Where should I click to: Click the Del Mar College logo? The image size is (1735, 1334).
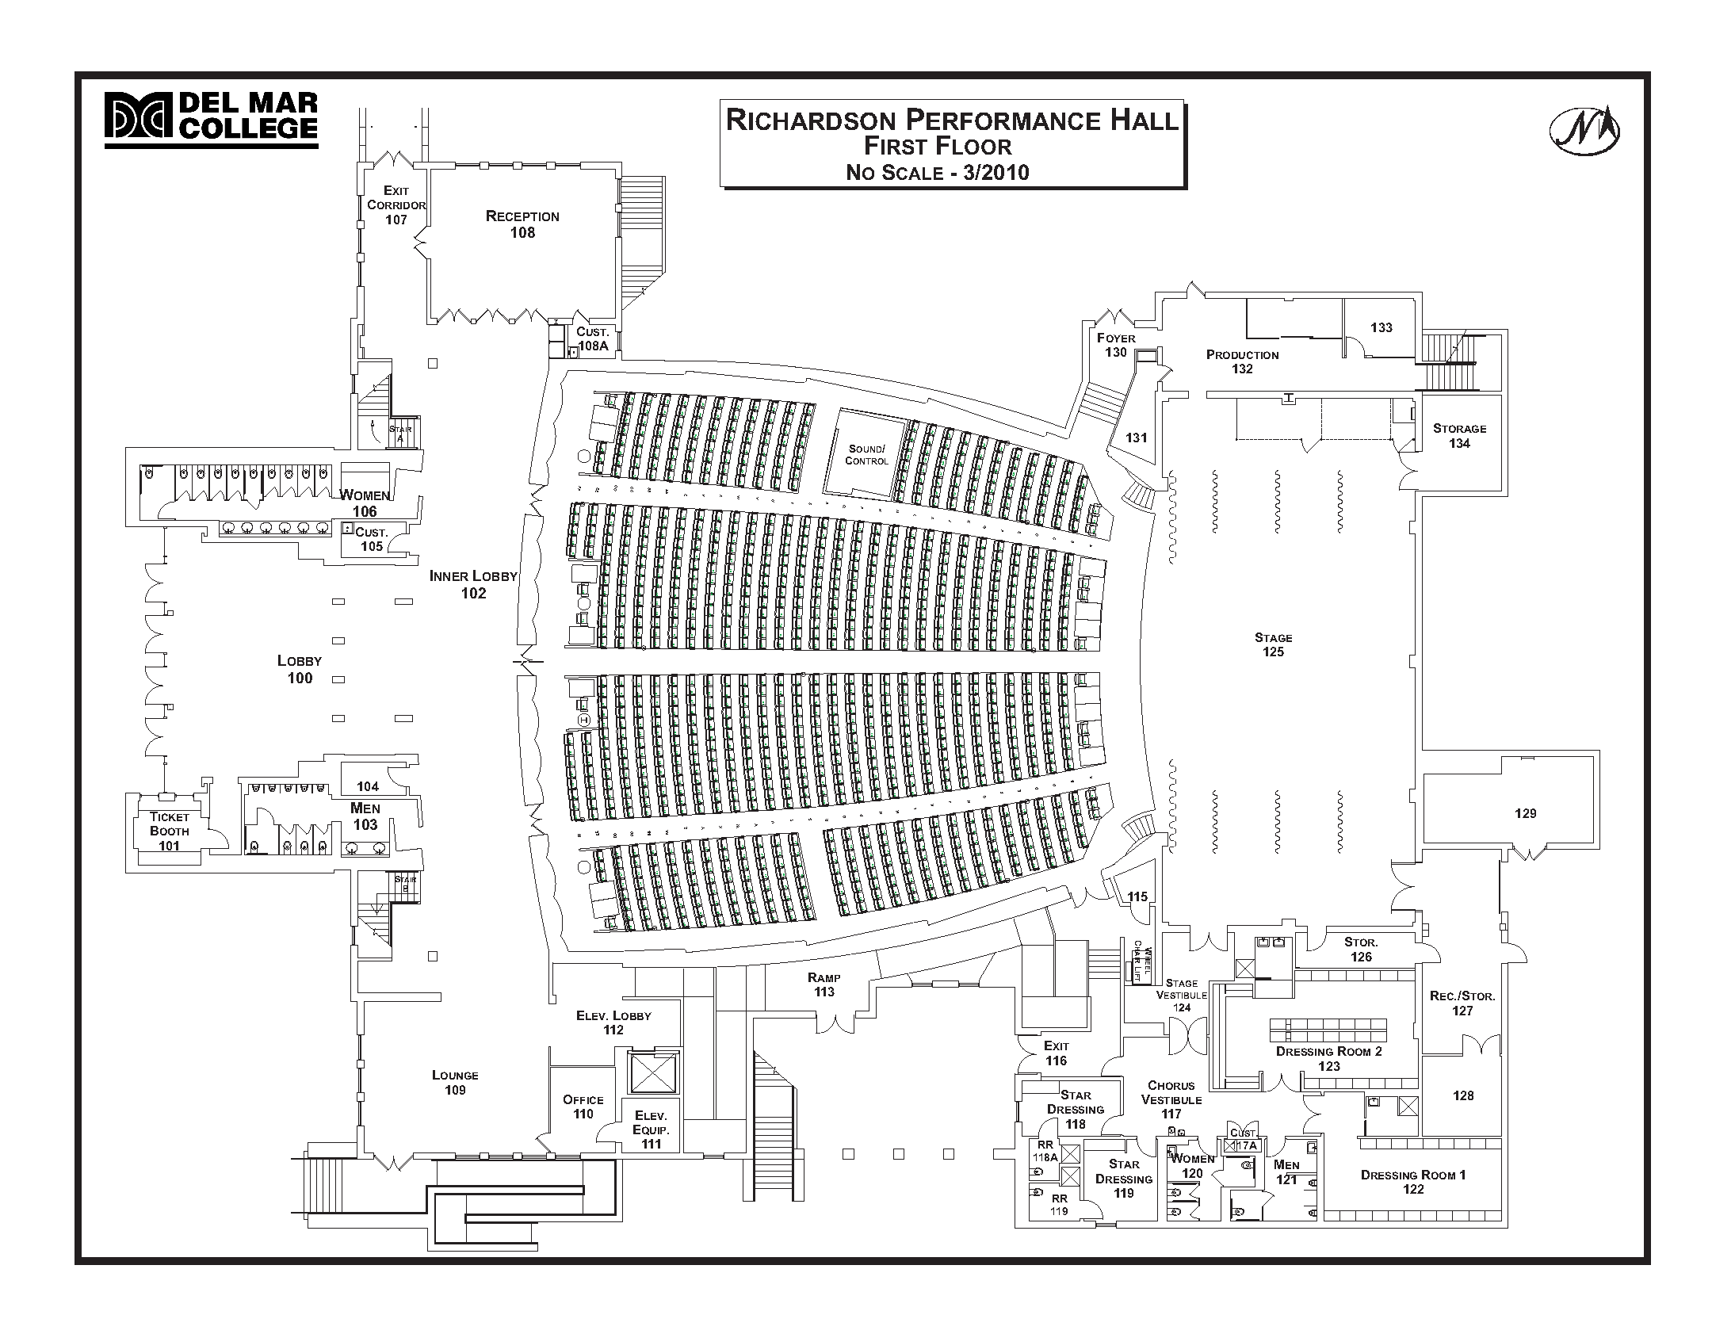[x=210, y=119]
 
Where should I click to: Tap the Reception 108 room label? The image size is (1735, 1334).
[x=522, y=224]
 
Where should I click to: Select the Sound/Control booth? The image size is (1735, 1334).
[x=866, y=454]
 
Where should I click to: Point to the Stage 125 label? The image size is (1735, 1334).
[x=1273, y=644]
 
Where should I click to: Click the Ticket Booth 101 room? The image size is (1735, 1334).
[x=169, y=831]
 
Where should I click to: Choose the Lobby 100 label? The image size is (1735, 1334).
[x=300, y=669]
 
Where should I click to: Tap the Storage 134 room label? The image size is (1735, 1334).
[x=1458, y=435]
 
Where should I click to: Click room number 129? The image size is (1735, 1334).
[x=1525, y=813]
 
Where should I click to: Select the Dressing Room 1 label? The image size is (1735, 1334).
[x=1412, y=1182]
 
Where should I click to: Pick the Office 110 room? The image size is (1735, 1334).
[x=583, y=1106]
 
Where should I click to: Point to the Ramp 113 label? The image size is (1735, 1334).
[x=824, y=984]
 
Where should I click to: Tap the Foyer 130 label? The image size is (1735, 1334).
[x=1116, y=345]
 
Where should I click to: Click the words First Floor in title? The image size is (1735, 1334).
[x=937, y=146]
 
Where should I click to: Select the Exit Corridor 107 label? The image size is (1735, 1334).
[x=396, y=204]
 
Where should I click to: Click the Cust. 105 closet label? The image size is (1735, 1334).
[x=371, y=539]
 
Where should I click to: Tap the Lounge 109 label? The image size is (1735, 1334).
[x=455, y=1082]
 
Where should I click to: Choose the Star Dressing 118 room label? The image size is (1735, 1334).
[x=1075, y=1108]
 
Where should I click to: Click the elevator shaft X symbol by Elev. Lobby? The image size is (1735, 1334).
[x=653, y=1073]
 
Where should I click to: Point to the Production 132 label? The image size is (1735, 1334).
[x=1242, y=361]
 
